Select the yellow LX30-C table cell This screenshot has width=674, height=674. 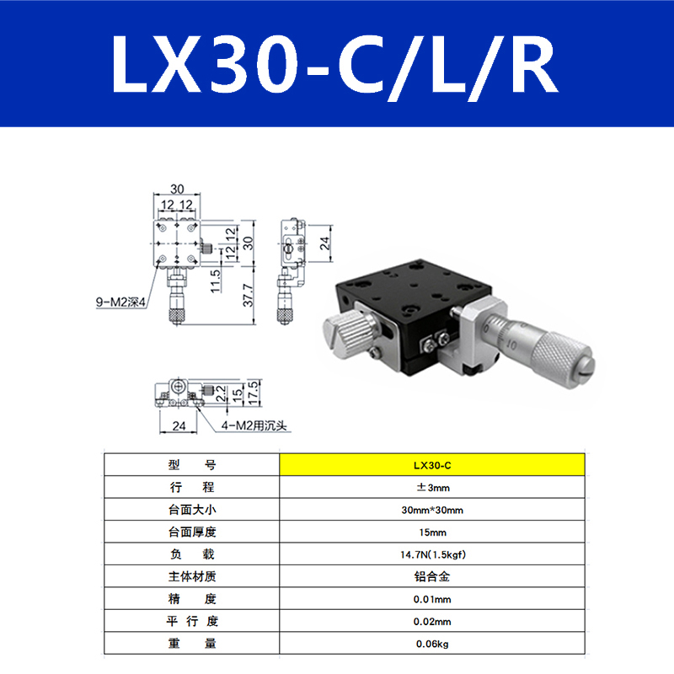431,464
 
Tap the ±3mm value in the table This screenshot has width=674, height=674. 431,487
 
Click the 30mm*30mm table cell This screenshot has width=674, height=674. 431,510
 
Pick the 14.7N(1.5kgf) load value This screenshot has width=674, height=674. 431,554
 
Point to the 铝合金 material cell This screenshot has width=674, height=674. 431,577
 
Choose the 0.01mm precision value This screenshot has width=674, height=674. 431,599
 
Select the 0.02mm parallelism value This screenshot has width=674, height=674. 431,622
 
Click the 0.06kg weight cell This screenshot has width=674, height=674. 431,644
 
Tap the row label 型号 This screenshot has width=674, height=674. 191,464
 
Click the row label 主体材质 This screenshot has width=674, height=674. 191,577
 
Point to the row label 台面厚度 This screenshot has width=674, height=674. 191,532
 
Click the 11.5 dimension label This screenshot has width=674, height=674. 216,279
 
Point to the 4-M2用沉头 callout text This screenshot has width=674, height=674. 254,425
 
